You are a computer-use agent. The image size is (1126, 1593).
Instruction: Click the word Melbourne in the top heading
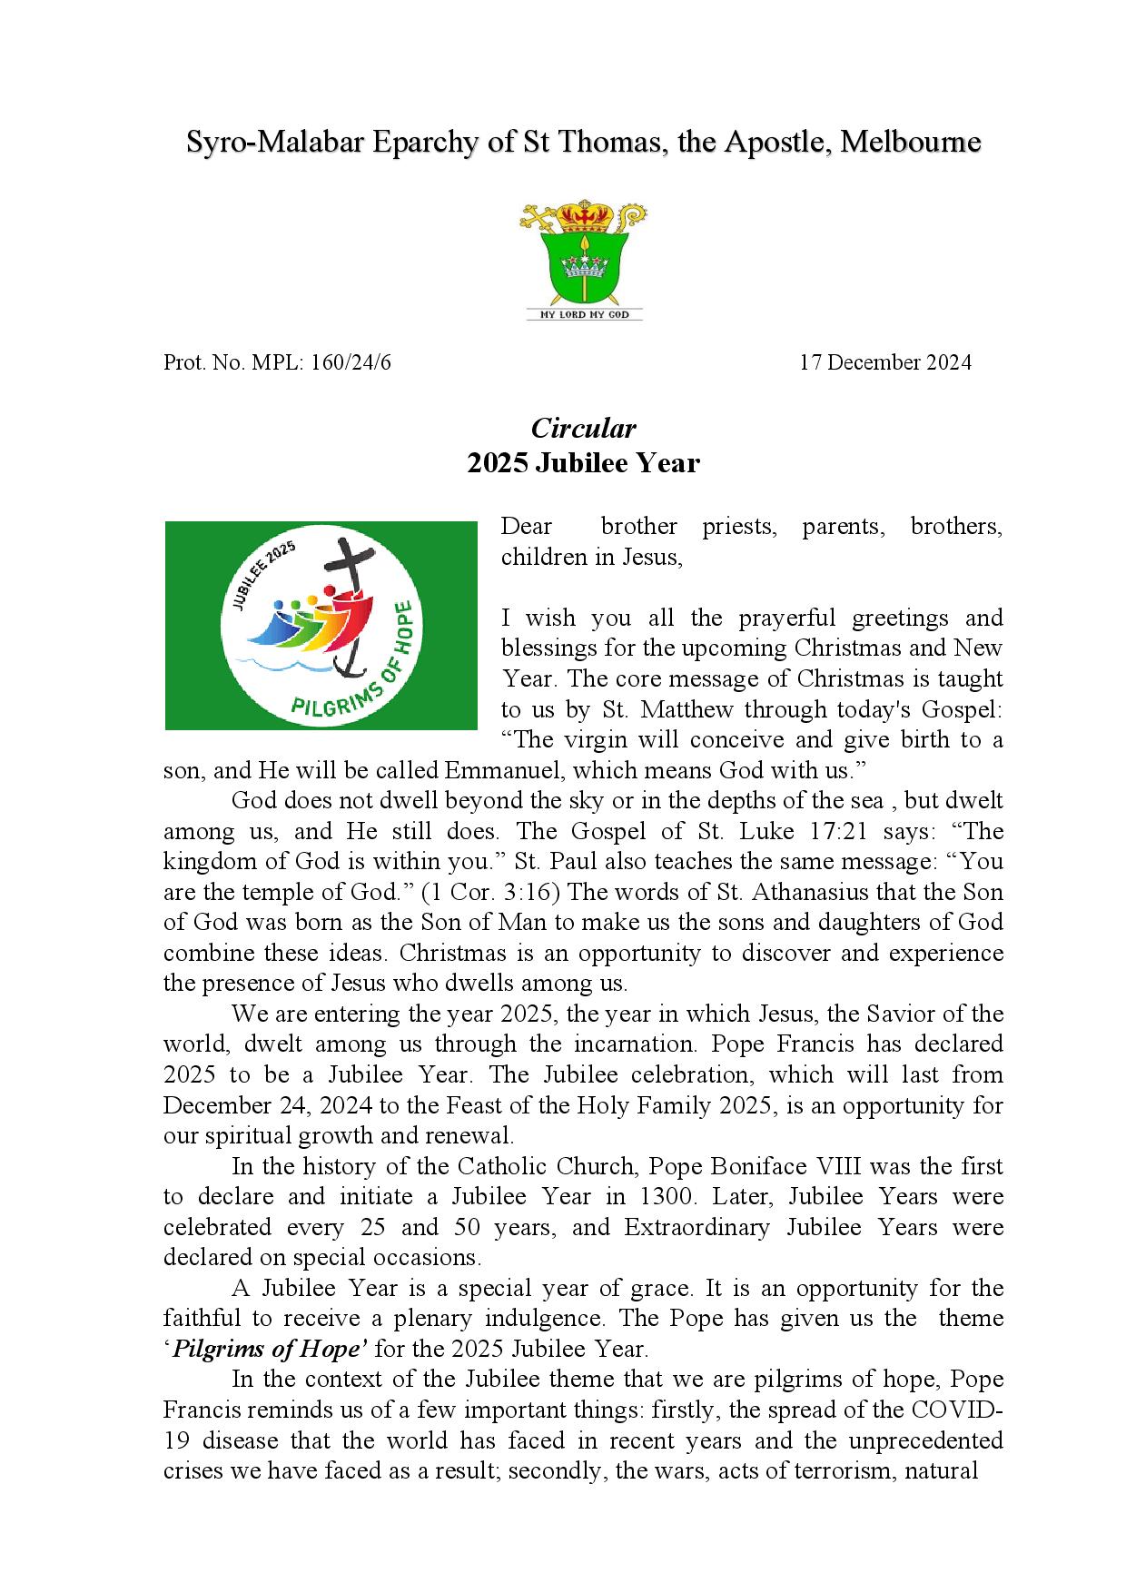[911, 143]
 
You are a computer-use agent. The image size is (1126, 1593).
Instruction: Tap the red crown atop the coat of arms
[584, 217]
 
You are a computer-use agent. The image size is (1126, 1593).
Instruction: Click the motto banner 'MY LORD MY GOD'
[585, 314]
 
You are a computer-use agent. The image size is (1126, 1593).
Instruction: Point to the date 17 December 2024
[884, 363]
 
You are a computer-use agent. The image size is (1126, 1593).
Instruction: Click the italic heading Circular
[583, 428]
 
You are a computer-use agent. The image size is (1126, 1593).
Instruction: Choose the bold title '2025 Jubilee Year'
[583, 463]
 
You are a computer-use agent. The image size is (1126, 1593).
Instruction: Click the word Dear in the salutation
[527, 527]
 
